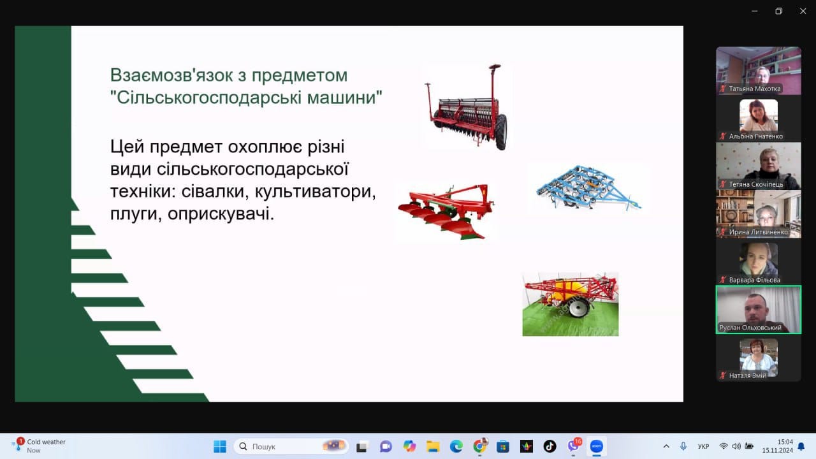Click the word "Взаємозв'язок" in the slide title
point(171,76)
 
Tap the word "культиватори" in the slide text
point(315,192)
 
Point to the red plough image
point(446,212)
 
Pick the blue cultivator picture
point(588,188)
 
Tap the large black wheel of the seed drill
point(501,131)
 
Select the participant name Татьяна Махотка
point(754,89)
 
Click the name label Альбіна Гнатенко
point(755,136)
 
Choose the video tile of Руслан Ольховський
point(759,310)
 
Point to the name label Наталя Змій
point(747,375)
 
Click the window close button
point(803,11)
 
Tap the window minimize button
point(754,11)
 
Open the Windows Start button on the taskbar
point(220,446)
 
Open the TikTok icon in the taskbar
point(550,446)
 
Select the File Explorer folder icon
point(433,446)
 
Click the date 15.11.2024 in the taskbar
point(777,451)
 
